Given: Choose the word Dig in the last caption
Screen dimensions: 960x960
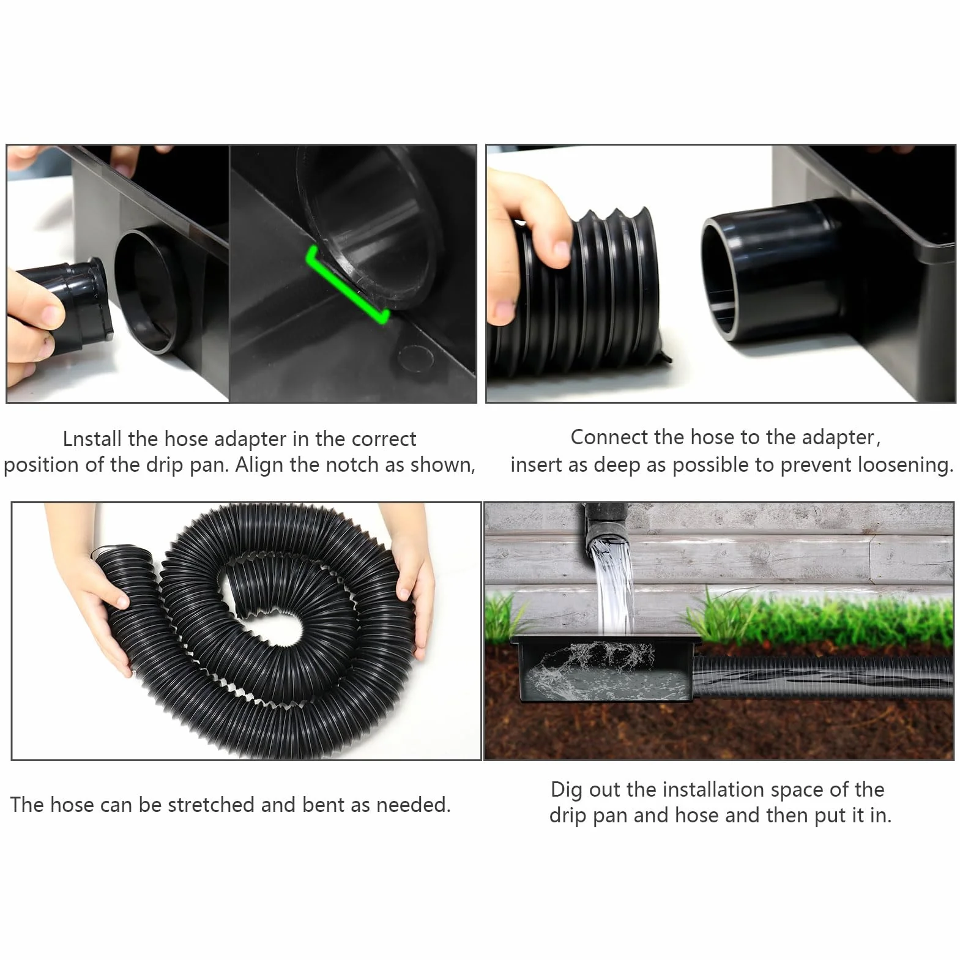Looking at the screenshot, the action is coord(567,790).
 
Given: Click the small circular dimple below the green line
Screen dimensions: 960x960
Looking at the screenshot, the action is coord(416,356).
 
